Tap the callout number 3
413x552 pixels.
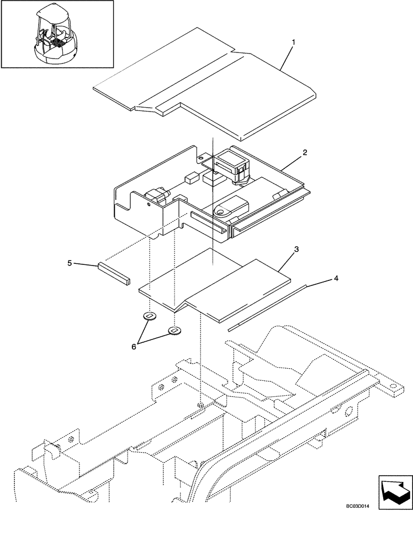point(296,250)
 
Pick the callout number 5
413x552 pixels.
point(70,263)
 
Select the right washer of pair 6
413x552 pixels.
point(174,331)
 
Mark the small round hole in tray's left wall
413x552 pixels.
point(149,203)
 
